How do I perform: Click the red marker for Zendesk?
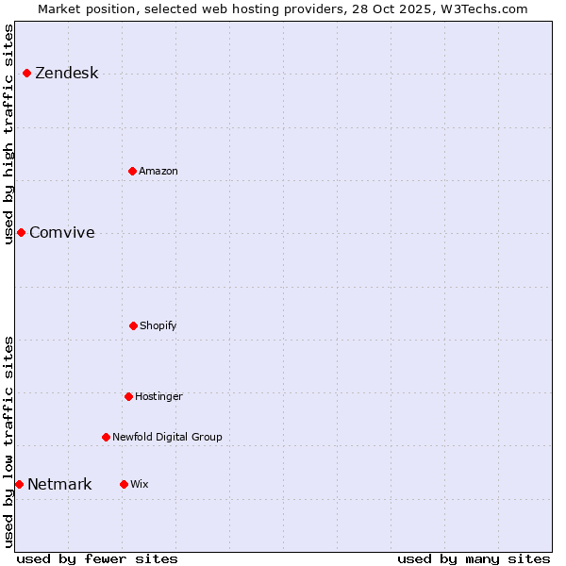(26, 74)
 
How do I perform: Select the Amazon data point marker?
(132, 171)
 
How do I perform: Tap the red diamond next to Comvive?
(21, 232)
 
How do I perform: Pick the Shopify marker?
(133, 325)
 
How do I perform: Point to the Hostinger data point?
(128, 396)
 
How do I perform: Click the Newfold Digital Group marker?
(106, 437)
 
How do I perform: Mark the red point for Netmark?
(19, 484)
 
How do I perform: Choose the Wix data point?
(124, 484)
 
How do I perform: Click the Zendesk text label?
(66, 74)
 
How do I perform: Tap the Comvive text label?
(61, 233)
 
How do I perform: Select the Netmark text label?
(59, 485)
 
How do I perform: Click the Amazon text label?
(158, 172)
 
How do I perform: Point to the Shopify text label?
(158, 326)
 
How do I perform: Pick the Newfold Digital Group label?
(167, 438)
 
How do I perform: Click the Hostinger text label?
(158, 397)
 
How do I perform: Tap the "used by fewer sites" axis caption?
(97, 558)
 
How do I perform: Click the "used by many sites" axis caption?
(474, 558)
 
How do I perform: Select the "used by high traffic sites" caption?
(8, 134)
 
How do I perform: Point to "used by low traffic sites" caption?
(8, 441)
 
